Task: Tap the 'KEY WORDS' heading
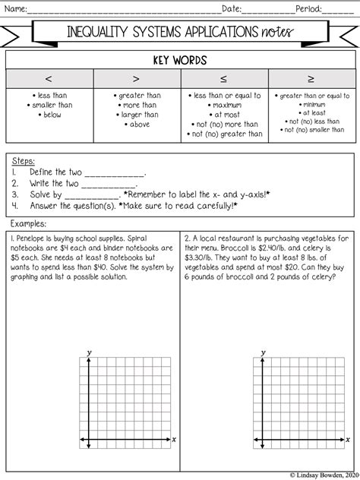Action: click(180, 60)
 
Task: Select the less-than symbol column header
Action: click(49, 79)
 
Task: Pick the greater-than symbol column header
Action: click(136, 79)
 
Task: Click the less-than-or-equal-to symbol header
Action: click(223, 79)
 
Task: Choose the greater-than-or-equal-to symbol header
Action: click(311, 79)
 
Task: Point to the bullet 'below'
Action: click(52, 115)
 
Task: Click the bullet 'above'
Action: click(138, 124)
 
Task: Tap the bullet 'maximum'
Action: click(226, 106)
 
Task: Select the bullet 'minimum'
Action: click(313, 104)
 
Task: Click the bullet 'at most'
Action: click(226, 115)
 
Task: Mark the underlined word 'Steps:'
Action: click(25, 162)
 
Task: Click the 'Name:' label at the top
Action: click(17, 10)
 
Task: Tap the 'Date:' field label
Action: click(232, 10)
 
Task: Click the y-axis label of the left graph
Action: click(90, 352)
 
